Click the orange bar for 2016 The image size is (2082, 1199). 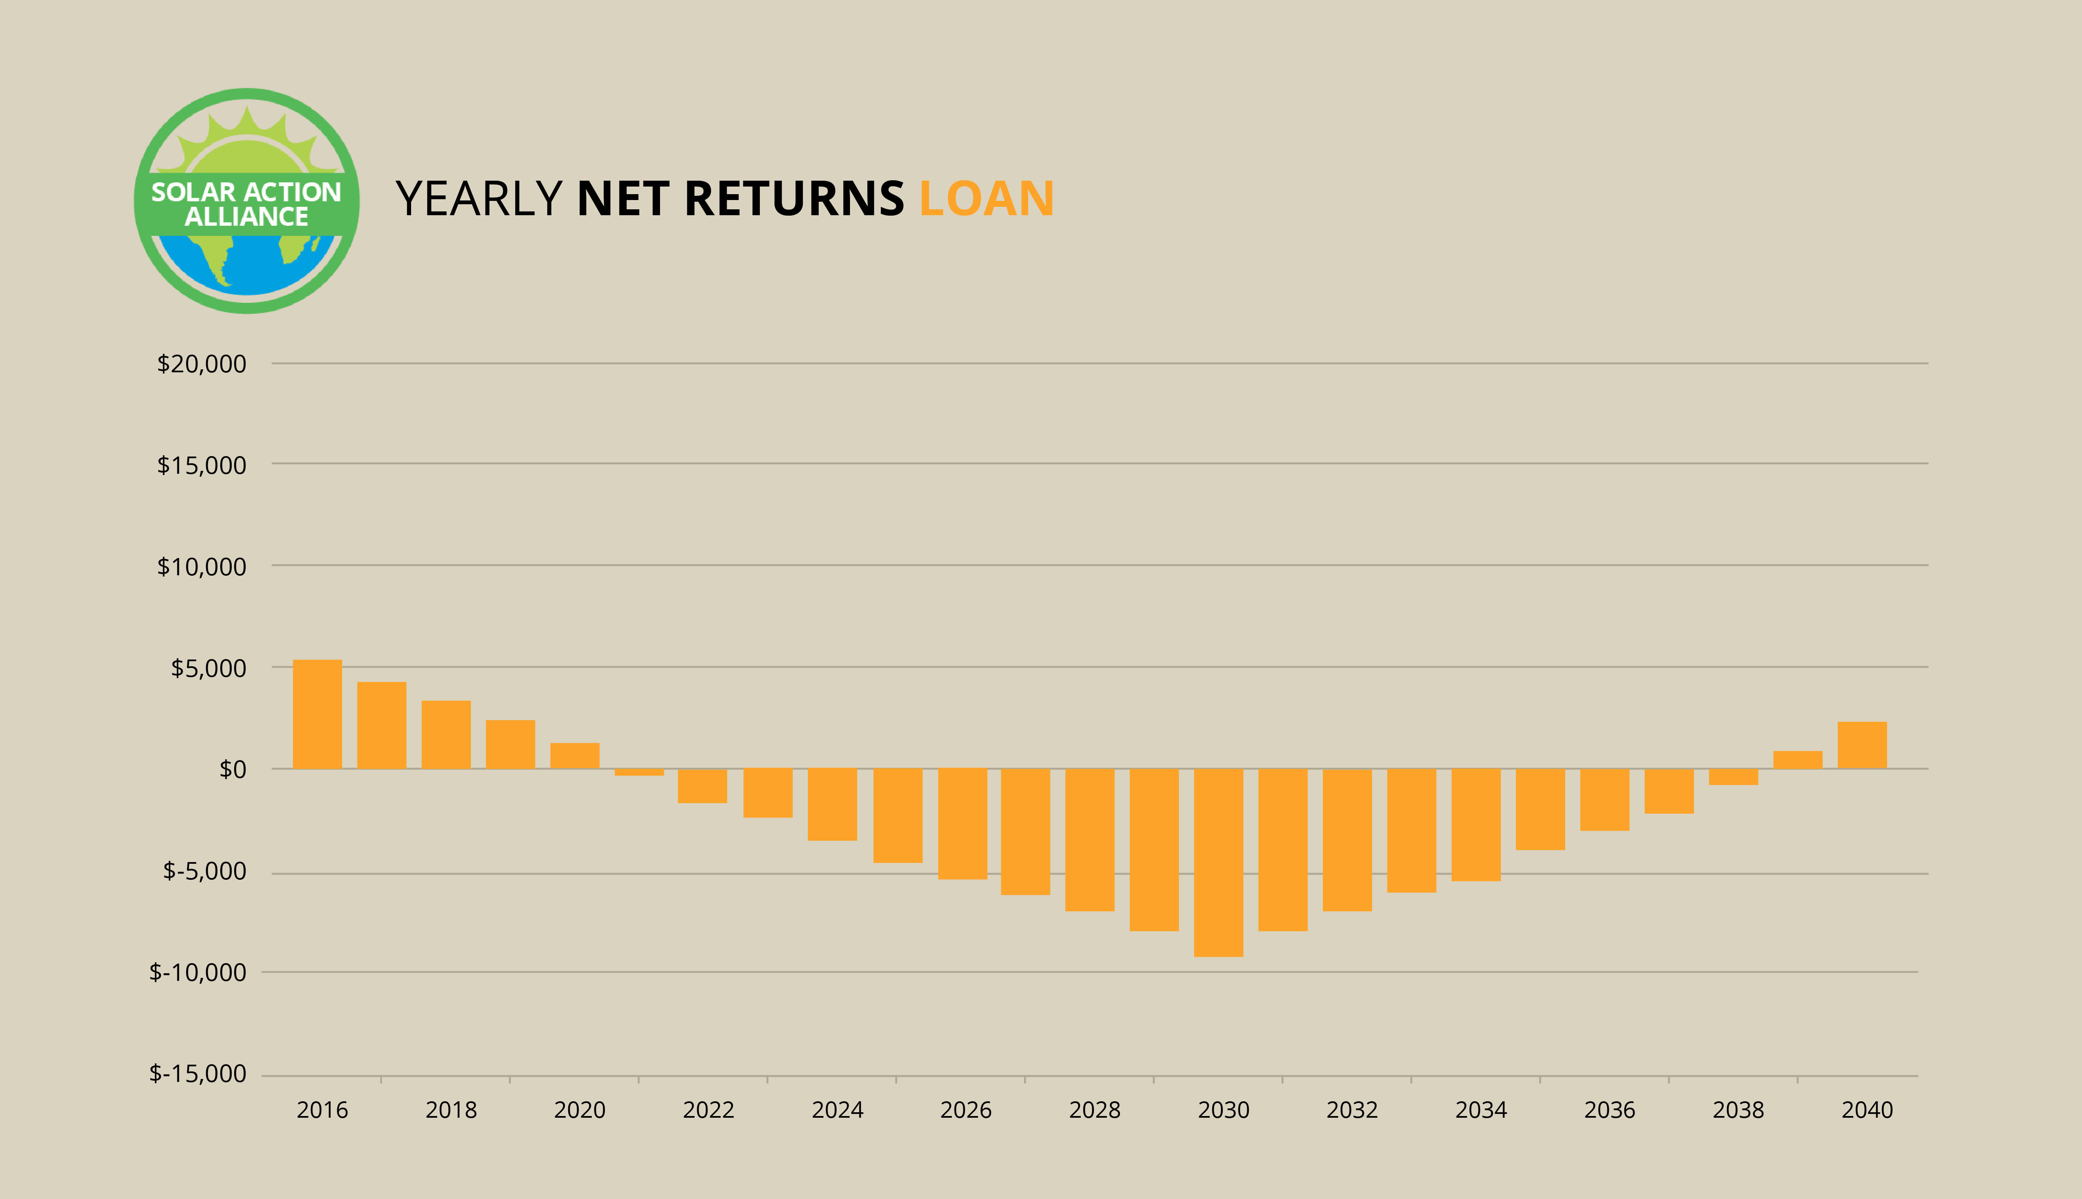click(x=317, y=714)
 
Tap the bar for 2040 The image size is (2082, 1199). click(x=1862, y=745)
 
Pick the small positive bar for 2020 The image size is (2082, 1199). click(x=575, y=756)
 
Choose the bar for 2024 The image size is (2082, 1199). click(x=833, y=804)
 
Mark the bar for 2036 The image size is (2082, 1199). click(x=1604, y=800)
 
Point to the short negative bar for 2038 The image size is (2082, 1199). click(x=1734, y=777)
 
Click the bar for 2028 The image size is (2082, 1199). click(x=1090, y=840)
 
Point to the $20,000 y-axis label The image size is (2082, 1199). click(x=202, y=364)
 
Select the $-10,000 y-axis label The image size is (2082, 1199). click(x=198, y=972)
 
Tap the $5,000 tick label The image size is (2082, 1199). click(x=208, y=668)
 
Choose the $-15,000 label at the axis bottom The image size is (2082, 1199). click(x=198, y=1074)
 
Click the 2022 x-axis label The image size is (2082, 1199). click(x=708, y=1110)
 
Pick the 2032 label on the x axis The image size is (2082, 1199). click(x=1352, y=1110)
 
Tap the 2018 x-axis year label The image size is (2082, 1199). click(x=452, y=1110)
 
